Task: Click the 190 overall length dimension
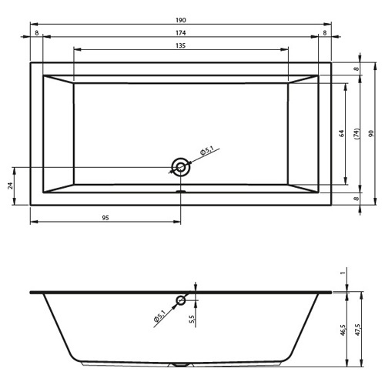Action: point(181,20)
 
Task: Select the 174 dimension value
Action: point(181,33)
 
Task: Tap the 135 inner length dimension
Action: point(181,45)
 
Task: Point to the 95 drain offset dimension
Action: point(105,218)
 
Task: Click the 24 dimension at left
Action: point(10,186)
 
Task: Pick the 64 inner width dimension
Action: point(342,133)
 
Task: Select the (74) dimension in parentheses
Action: point(357,134)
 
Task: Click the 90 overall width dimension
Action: point(371,133)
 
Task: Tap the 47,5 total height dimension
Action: point(358,330)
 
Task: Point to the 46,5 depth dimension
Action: point(344,330)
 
